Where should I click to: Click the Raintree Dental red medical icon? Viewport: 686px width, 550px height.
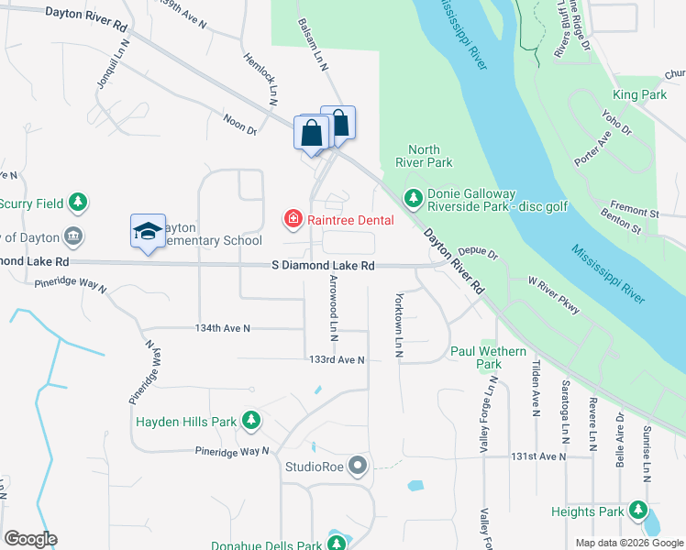point(293,219)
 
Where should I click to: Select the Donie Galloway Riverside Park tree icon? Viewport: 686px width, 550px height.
point(414,197)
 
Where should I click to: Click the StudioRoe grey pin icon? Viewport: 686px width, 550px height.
point(357,467)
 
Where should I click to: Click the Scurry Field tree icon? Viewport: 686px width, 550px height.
point(79,202)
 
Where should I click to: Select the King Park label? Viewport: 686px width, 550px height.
point(639,94)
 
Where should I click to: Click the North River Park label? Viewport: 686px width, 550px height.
point(424,156)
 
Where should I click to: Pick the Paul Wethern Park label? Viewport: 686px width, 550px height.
point(488,357)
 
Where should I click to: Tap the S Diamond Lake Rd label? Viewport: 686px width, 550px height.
point(323,265)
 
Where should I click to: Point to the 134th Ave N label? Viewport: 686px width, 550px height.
point(222,328)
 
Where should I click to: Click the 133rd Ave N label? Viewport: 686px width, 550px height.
point(337,359)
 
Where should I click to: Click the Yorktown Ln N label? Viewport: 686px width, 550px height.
point(398,324)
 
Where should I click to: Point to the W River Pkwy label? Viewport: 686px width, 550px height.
point(554,295)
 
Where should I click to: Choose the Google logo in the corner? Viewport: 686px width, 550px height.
point(30,539)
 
